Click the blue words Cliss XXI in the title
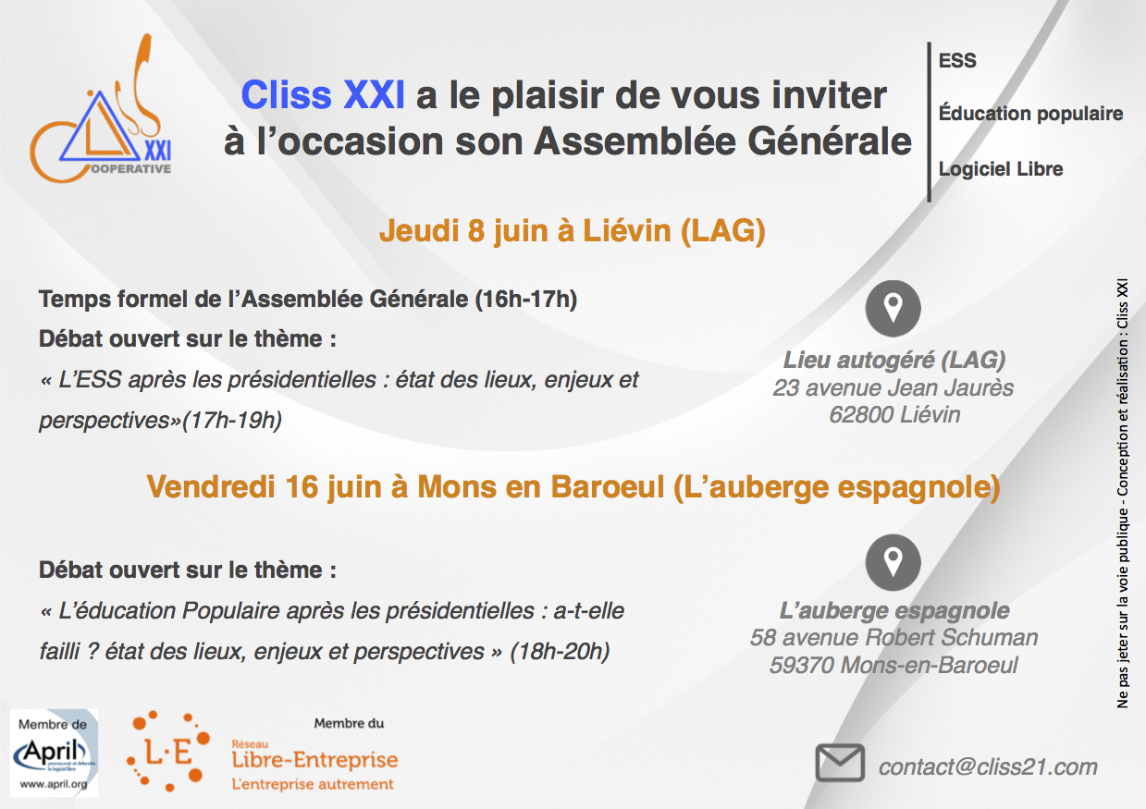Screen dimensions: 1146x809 tap(323, 95)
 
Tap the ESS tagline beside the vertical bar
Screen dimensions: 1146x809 tap(957, 61)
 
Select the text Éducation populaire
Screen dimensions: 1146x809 tap(1030, 114)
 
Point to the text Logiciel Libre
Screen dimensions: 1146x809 tap(1001, 169)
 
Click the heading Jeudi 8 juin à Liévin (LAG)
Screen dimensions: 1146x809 tap(572, 230)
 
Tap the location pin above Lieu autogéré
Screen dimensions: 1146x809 tap(893, 309)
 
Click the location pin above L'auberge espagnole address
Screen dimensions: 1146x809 tap(893, 562)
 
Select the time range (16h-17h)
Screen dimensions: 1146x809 tap(526, 300)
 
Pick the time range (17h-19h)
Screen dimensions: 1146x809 tap(232, 421)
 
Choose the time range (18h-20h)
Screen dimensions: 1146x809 tap(560, 652)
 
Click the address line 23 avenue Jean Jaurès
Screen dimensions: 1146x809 tap(893, 387)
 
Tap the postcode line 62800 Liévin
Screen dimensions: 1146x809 tap(894, 415)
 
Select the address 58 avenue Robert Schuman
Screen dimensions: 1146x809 tap(893, 638)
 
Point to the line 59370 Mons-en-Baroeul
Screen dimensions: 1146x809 tap(893, 666)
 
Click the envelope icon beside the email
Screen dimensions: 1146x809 tap(840, 763)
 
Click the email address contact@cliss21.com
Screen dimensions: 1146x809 tap(988, 767)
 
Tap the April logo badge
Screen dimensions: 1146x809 tap(54, 753)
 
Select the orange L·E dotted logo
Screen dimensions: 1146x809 tap(168, 751)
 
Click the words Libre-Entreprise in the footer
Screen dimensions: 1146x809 tap(314, 760)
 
